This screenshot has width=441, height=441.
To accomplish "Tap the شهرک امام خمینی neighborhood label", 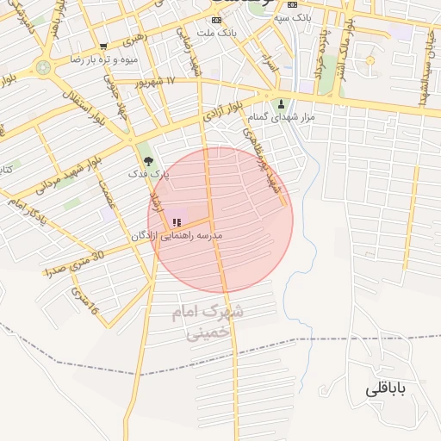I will tap(208, 321).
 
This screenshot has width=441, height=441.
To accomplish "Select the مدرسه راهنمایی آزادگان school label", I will tap(177, 235).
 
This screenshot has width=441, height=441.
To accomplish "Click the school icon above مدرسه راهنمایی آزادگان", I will tap(177, 222).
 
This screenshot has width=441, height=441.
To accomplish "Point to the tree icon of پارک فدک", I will tap(148, 160).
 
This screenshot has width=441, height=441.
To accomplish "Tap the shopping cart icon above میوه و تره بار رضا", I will tap(103, 47).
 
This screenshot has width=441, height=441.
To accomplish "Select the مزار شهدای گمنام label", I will tap(281, 116).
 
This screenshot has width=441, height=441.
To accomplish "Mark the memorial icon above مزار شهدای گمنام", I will tap(281, 104).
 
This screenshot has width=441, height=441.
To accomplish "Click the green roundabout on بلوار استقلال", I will tap(43, 67).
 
